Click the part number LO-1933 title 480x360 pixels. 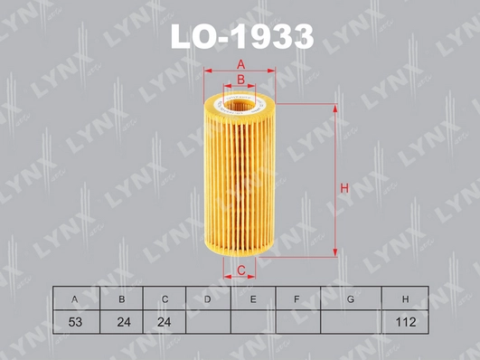click(242, 37)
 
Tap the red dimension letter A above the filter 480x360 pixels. click(241, 64)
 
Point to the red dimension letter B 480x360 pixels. click(241, 80)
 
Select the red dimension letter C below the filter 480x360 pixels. click(241, 270)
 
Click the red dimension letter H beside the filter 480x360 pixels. click(344, 188)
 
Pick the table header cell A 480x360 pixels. click(76, 298)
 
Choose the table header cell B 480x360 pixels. click(121, 298)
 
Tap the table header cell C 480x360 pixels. click(165, 298)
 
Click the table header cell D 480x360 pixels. click(208, 298)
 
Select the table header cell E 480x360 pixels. click(253, 298)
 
